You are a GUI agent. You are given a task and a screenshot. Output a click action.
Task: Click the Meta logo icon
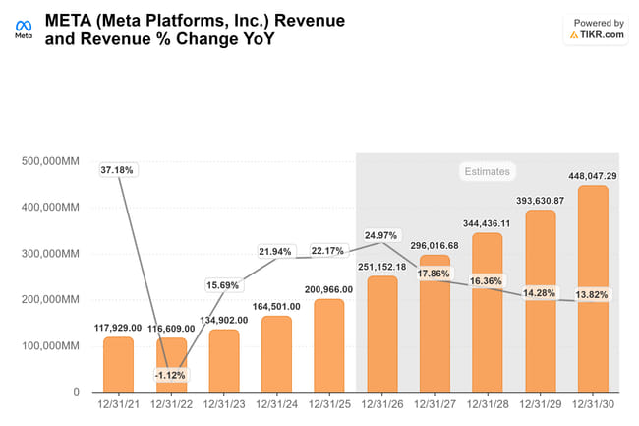click(22, 24)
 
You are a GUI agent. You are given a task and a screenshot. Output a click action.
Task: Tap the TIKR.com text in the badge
click(601, 34)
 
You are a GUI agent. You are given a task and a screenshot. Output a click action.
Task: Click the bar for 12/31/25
click(329, 344)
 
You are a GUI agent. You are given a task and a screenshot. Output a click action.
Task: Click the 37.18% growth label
click(118, 170)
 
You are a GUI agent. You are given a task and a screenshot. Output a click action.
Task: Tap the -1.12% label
click(170, 376)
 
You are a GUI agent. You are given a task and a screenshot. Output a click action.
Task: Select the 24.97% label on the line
click(381, 236)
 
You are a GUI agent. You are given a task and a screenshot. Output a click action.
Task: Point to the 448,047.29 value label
click(592, 176)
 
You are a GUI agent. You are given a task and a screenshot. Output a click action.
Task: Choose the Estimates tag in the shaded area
click(487, 171)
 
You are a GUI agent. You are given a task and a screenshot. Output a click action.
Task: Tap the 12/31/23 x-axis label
click(223, 404)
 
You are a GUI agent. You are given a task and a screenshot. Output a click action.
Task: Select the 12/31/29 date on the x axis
click(540, 404)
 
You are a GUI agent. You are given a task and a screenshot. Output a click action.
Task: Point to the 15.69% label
click(223, 286)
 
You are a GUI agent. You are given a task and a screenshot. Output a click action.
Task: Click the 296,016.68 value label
click(435, 245)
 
